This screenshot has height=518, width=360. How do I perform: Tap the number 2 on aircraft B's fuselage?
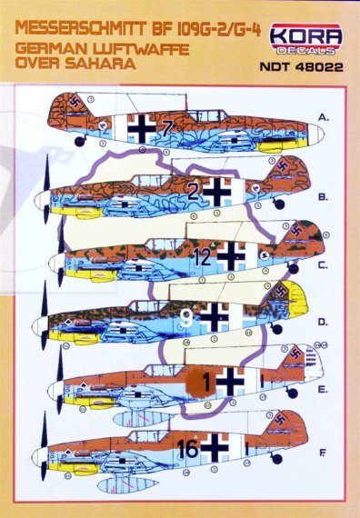192,191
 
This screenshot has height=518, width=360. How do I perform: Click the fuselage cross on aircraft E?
230,380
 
